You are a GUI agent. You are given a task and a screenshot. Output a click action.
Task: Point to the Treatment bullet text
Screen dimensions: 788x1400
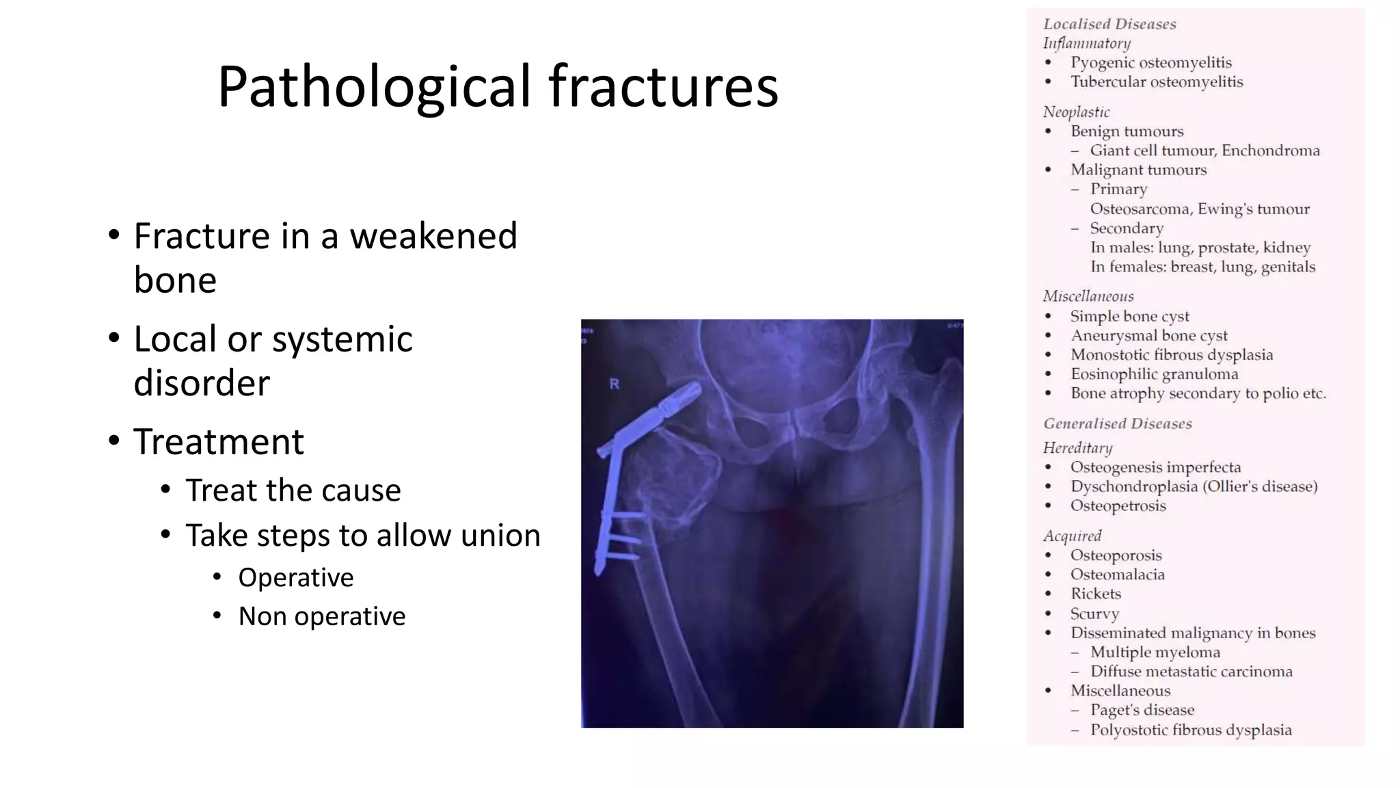pos(219,442)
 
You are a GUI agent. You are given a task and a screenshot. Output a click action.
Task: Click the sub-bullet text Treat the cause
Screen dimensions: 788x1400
pos(293,490)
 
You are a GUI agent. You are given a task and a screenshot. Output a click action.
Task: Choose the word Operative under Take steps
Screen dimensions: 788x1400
pos(295,578)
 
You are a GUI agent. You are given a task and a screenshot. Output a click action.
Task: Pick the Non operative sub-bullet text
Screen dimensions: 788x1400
pos(321,616)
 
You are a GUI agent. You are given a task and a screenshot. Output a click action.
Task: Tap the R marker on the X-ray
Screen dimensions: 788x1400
pos(614,384)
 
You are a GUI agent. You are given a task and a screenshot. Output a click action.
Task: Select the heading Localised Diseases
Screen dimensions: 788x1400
pos(1109,24)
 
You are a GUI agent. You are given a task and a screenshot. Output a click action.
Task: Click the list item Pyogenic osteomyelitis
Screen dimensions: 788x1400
pos(1150,63)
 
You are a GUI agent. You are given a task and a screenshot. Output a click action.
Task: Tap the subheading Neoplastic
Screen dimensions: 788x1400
pos(1076,112)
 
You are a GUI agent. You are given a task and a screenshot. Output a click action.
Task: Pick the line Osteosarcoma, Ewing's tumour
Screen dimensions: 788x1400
pos(1199,209)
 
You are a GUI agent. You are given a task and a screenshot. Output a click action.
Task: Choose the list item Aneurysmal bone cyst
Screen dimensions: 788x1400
pos(1148,336)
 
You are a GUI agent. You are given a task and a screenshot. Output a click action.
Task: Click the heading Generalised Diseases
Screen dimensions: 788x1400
pos(1117,424)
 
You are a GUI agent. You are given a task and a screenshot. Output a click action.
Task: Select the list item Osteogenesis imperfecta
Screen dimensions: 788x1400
pos(1155,468)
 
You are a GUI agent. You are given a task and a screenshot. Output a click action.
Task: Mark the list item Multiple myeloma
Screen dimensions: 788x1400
pos(1155,653)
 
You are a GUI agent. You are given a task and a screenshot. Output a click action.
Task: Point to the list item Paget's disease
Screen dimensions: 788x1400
pos(1142,710)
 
